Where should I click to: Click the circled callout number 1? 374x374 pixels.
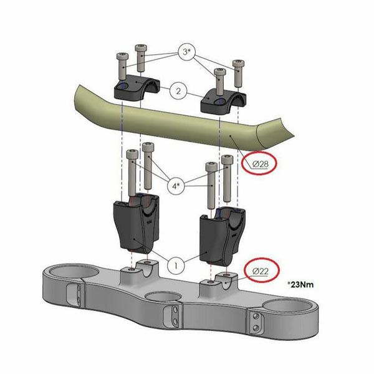click(x=176, y=265)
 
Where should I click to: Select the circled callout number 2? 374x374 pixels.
click(x=178, y=91)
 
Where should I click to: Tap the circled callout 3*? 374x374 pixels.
click(x=186, y=52)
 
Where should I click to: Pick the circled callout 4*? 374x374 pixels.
click(x=176, y=186)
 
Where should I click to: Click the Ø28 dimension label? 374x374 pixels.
click(x=261, y=164)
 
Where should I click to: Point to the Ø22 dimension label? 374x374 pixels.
click(x=260, y=271)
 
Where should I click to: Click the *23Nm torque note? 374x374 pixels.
click(x=300, y=284)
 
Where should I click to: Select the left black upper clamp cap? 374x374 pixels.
click(x=136, y=88)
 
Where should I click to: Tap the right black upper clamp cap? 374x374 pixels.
click(x=223, y=102)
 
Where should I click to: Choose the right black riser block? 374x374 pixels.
click(x=222, y=236)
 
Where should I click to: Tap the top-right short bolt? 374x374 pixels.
click(x=238, y=74)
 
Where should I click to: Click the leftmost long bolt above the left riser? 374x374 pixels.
click(x=132, y=173)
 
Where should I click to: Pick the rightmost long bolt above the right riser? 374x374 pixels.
click(x=227, y=178)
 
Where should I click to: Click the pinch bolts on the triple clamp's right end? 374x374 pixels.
click(x=256, y=322)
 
